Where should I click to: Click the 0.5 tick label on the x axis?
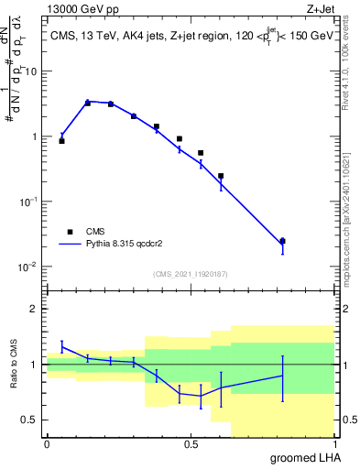[191, 444]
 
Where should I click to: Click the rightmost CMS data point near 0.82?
[282, 241]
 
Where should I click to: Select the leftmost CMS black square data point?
[61, 141]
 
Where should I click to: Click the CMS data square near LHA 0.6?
[221, 176]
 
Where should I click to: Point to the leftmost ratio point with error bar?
[61, 346]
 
